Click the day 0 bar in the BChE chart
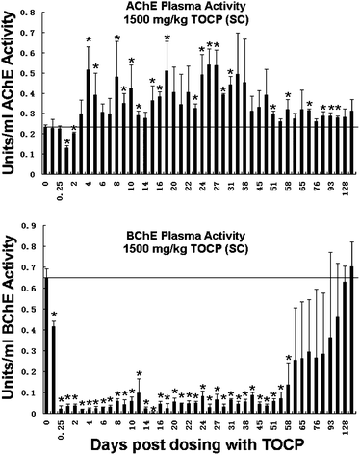[45, 346]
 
